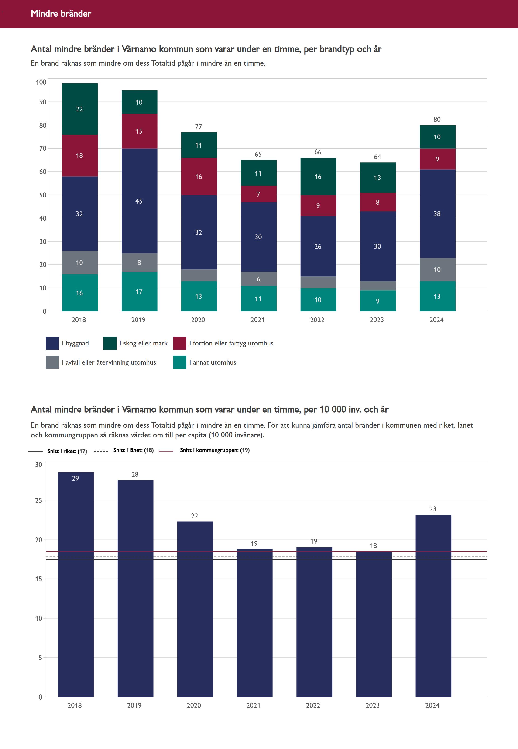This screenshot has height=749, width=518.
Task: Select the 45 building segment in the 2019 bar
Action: pos(139,201)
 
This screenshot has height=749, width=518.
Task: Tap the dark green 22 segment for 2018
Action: pos(79,109)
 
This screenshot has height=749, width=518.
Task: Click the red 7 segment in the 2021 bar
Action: pos(258,194)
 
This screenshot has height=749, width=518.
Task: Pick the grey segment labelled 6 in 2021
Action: pos(258,279)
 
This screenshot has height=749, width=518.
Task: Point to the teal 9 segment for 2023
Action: pos(377,301)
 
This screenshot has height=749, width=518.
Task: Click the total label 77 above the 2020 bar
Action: pos(199,127)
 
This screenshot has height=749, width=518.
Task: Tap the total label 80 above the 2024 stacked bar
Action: pos(437,120)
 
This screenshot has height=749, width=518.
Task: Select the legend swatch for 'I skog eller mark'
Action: pos(110,343)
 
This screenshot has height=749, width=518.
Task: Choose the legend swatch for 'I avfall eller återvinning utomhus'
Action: pos(52,362)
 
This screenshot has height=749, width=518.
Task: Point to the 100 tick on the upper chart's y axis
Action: pos(41,82)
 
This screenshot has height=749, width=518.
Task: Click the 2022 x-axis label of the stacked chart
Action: pos(317,320)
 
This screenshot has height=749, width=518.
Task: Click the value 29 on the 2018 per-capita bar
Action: pos(75,478)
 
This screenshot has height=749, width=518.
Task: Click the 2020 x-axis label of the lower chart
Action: pos(194,705)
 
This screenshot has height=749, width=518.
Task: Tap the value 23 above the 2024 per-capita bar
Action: pos(433,509)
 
